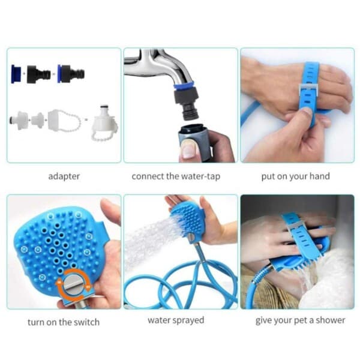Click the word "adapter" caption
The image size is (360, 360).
pos(64,176)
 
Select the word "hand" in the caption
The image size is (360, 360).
pos(320,176)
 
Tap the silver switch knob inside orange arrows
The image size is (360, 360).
pos(73,285)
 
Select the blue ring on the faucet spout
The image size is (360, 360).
pos(184,86)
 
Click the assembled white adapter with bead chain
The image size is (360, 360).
pos(104,123)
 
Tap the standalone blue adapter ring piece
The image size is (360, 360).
pos(16,74)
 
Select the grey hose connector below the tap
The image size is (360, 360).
pos(194,142)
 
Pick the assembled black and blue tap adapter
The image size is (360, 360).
pos(71,74)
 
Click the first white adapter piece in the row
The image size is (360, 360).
pos(19,120)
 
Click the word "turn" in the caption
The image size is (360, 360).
pos(36,322)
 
